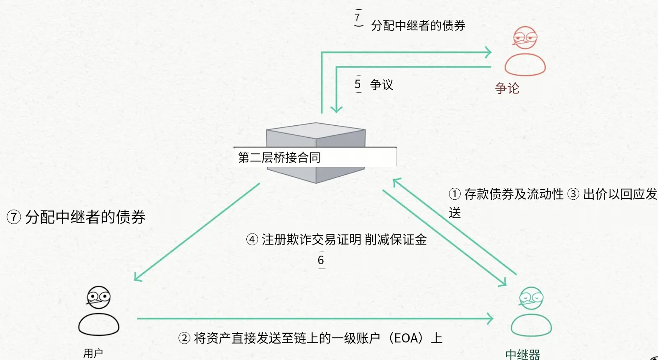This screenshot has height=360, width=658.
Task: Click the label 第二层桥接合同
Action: coord(279,157)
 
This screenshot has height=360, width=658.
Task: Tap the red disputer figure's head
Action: coord(525,38)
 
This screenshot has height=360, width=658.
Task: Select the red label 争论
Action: coord(507,88)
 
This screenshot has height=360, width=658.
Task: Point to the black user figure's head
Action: coord(99,297)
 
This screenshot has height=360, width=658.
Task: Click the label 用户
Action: coord(93,353)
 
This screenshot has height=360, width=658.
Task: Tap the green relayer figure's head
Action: coord(531,298)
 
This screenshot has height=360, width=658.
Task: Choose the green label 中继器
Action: coord(522,354)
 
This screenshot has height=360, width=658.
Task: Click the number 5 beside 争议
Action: coord(358,84)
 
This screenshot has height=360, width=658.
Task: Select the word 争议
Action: coord(382,85)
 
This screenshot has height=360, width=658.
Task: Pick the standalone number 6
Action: coord(321,260)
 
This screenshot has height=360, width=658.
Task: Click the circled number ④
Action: coord(252,239)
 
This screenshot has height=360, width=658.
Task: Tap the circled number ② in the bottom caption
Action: coord(184,338)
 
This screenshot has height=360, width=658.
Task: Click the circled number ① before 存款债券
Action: coord(454,194)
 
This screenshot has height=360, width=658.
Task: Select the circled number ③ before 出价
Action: coord(573,194)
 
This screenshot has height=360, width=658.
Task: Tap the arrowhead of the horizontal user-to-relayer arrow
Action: coord(490,318)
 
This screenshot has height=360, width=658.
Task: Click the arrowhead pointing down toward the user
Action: coord(137,278)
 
